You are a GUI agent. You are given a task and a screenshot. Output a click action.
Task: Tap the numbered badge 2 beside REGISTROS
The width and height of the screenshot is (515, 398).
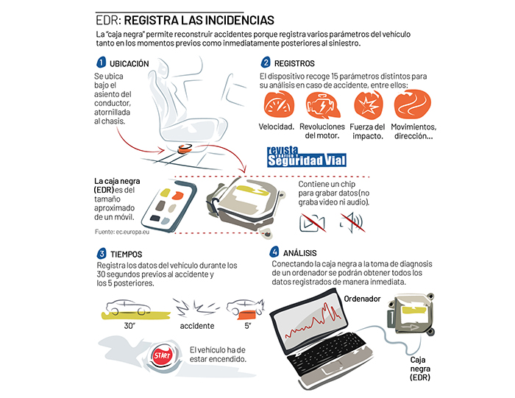(x=266, y=63)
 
